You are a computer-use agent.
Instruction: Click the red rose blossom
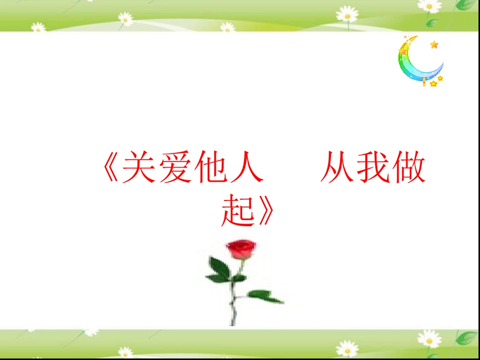coord(242,248)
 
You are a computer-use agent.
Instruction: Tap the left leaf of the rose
coord(219,270)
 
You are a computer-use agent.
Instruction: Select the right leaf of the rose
coord(265,296)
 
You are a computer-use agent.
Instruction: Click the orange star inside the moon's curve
coord(434,45)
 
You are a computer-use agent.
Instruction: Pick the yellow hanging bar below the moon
coord(424,82)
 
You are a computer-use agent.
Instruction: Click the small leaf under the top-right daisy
coord(432,23)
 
